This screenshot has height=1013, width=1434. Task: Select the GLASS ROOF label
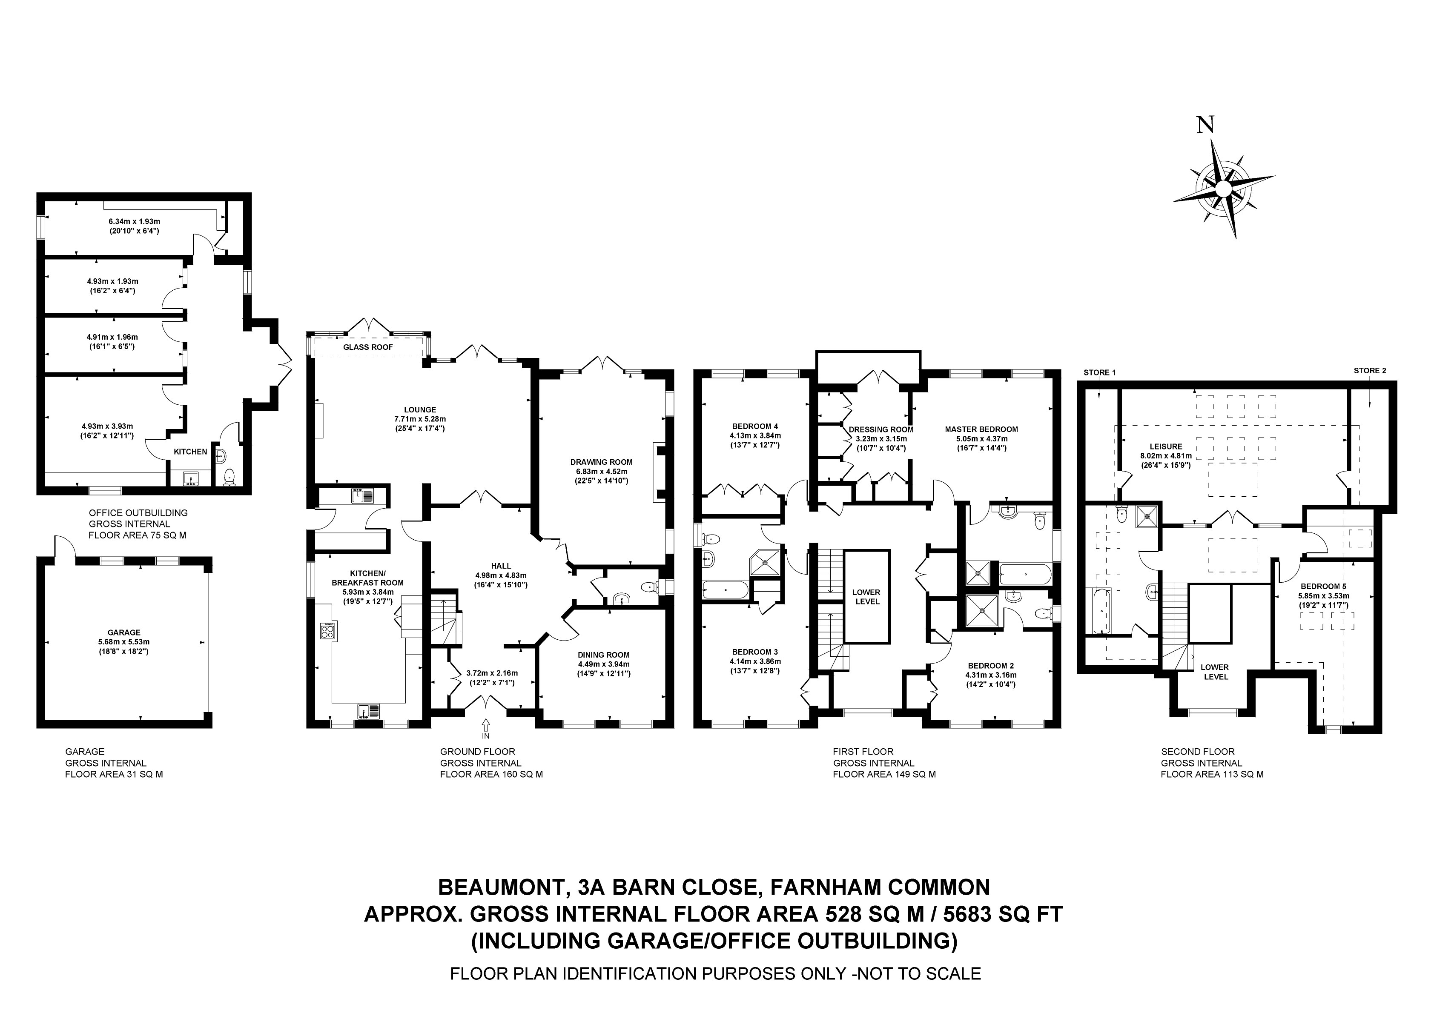point(368,347)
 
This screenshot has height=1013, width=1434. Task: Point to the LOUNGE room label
point(420,410)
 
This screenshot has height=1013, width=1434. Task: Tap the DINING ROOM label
point(603,655)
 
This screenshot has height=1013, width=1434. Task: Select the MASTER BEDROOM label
point(981,429)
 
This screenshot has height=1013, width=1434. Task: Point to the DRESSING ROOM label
point(880,430)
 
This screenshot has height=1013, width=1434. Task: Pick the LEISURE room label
point(1166,446)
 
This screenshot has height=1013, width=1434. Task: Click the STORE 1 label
point(1099,373)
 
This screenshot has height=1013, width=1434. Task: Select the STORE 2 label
point(1370,370)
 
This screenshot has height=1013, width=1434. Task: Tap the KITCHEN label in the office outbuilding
point(190,452)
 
